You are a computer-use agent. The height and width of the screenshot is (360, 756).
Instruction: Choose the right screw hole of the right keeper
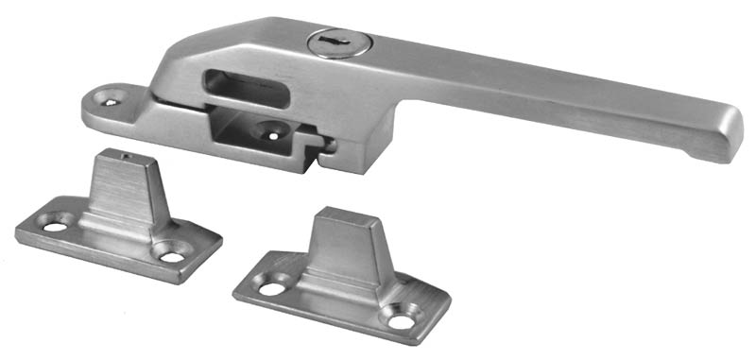tap(401, 321)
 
